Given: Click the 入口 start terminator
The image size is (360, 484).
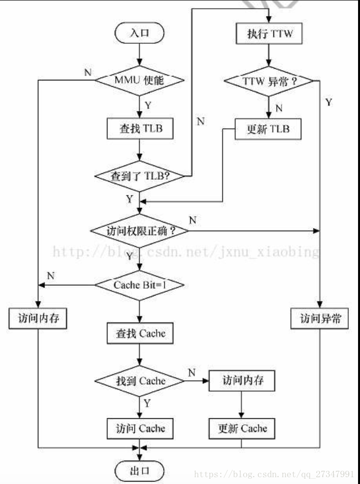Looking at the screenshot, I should pyautogui.click(x=140, y=33).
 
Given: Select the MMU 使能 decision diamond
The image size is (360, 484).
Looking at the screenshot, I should pyautogui.click(x=140, y=79).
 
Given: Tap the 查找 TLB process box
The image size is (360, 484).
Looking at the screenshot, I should pyautogui.click(x=140, y=129).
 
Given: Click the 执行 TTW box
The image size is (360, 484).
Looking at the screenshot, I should pyautogui.click(x=268, y=34).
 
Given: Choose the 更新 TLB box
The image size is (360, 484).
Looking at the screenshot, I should pyautogui.click(x=268, y=130).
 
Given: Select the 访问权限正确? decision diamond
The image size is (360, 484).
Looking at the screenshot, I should pyautogui.click(x=140, y=231).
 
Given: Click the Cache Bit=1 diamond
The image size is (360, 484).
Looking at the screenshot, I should pyautogui.click(x=140, y=284).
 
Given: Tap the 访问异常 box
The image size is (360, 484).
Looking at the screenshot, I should pyautogui.click(x=320, y=319).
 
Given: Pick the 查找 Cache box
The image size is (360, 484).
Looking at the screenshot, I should pyautogui.click(x=140, y=334).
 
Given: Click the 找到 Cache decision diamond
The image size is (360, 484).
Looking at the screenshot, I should pyautogui.click(x=140, y=380).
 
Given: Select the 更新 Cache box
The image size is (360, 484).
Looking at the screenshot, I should pyautogui.click(x=242, y=428).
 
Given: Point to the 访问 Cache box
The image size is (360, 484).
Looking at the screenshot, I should pyautogui.click(x=140, y=428).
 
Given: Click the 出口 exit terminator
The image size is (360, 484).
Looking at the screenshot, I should pyautogui.click(x=140, y=471).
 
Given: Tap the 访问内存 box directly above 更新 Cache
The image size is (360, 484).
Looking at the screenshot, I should pyautogui.click(x=242, y=380).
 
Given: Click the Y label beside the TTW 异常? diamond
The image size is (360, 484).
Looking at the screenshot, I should pyautogui.click(x=328, y=102).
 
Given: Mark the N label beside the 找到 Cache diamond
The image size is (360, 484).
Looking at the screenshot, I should pyautogui.click(x=191, y=372).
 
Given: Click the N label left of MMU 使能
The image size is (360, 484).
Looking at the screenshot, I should pyautogui.click(x=88, y=72).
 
